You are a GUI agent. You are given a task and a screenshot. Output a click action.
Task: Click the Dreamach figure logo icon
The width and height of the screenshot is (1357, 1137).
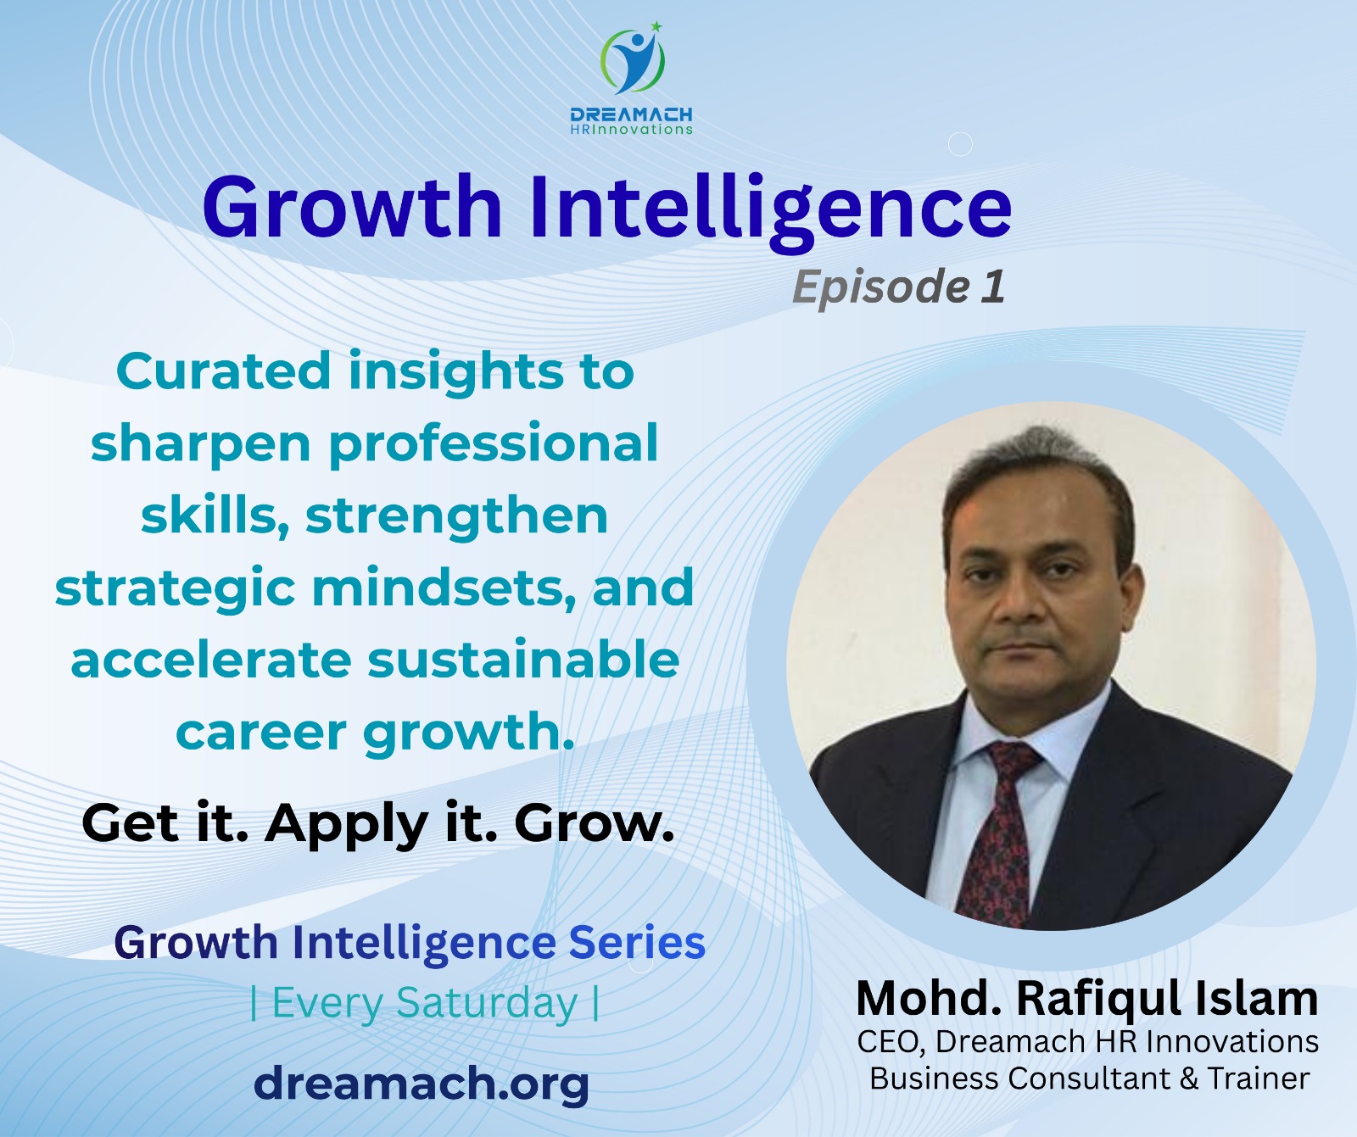[632, 61]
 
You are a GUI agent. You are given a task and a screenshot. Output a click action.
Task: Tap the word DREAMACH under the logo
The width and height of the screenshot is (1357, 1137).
[631, 114]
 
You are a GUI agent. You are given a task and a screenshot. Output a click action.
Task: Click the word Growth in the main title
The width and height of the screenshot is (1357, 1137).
[352, 208]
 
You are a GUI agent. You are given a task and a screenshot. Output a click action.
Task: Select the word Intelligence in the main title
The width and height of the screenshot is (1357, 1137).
[770, 208]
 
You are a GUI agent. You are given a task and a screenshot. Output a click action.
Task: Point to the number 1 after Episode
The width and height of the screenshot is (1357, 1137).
[993, 286]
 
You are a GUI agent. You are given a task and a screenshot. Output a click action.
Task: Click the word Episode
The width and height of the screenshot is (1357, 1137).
[880, 287]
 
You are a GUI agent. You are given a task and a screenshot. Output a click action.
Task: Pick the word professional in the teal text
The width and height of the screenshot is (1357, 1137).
[493, 443]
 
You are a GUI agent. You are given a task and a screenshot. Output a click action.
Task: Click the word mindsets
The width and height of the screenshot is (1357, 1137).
[438, 588]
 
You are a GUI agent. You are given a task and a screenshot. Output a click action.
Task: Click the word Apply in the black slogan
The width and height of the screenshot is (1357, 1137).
[346, 822]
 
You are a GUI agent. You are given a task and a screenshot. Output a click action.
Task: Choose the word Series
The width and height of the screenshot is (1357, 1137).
[637, 943]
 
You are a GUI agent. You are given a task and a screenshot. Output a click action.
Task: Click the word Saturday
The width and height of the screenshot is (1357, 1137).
[486, 1003]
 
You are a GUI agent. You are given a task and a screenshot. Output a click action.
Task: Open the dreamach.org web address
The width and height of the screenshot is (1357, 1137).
[422, 1083]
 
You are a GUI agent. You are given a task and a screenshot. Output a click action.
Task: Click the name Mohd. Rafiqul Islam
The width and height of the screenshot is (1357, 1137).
[1087, 998]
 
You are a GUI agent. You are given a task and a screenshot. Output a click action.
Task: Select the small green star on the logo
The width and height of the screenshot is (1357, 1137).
[656, 26]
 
